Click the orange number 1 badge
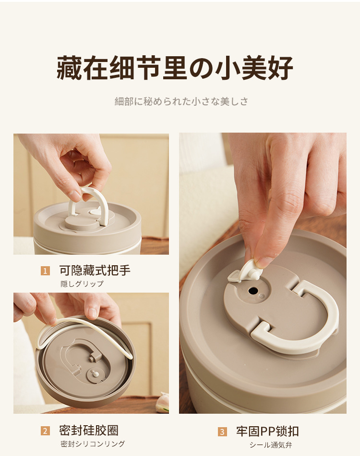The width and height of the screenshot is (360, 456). tap(45, 271)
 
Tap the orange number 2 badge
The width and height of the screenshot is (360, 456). tap(45, 431)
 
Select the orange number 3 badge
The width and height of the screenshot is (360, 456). tap(222, 432)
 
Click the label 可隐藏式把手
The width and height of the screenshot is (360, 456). tap(95, 271)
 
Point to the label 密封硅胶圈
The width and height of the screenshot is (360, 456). tap(89, 431)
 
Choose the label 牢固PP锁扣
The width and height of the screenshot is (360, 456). tap(267, 431)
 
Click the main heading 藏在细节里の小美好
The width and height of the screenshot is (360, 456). tap(175, 68)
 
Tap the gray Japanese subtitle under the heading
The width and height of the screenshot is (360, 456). tap(181, 101)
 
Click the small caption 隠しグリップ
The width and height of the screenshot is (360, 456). tap(82, 284)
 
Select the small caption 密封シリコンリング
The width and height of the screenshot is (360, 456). tap(93, 444)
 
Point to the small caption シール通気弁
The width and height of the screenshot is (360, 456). tap(271, 444)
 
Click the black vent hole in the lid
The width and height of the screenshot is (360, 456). tap(253, 290)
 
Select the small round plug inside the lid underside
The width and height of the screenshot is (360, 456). tap(96, 374)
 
